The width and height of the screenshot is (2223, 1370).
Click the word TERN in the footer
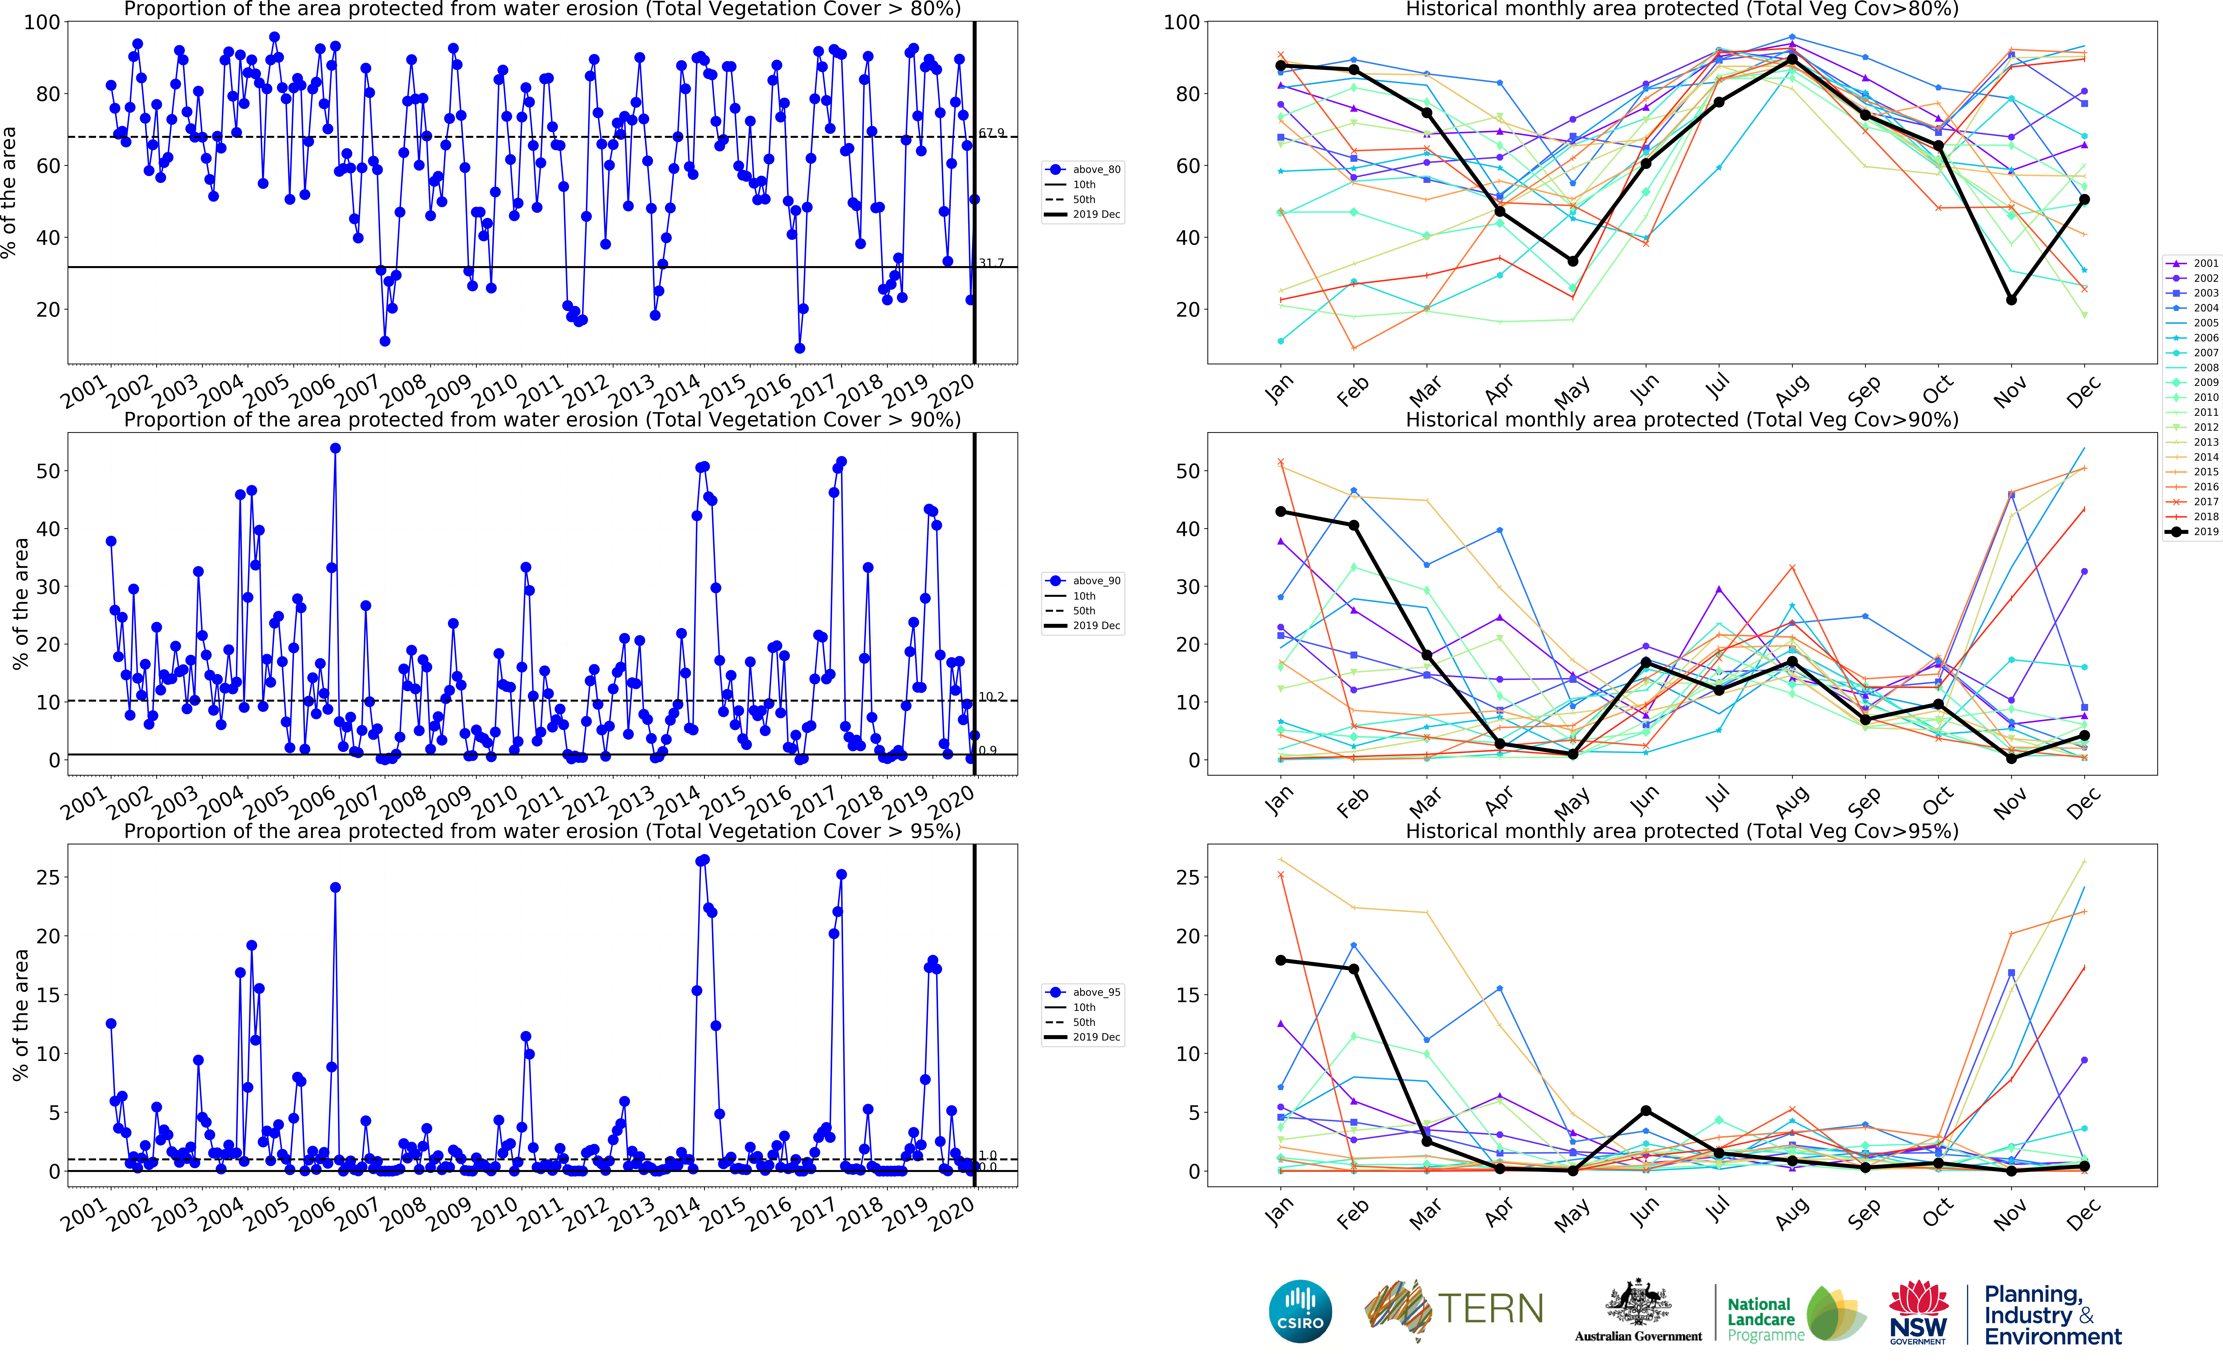[x=1490, y=1308]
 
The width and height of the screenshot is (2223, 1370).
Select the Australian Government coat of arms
[x=1638, y=1303]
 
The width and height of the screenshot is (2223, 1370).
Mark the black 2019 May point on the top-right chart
[x=1573, y=261]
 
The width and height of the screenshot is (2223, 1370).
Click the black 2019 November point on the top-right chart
[x=2011, y=300]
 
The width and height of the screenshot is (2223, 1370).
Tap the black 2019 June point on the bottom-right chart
[x=1646, y=1111]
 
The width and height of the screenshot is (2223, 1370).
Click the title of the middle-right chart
[x=1681, y=420]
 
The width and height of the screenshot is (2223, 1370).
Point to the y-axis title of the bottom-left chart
[x=20, y=1015]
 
